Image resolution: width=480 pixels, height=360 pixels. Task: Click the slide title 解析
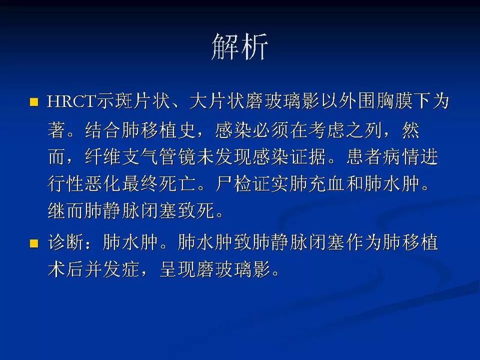click(239, 46)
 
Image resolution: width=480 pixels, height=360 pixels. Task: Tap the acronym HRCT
click(67, 101)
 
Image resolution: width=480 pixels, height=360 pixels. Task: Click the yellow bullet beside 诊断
click(34, 244)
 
